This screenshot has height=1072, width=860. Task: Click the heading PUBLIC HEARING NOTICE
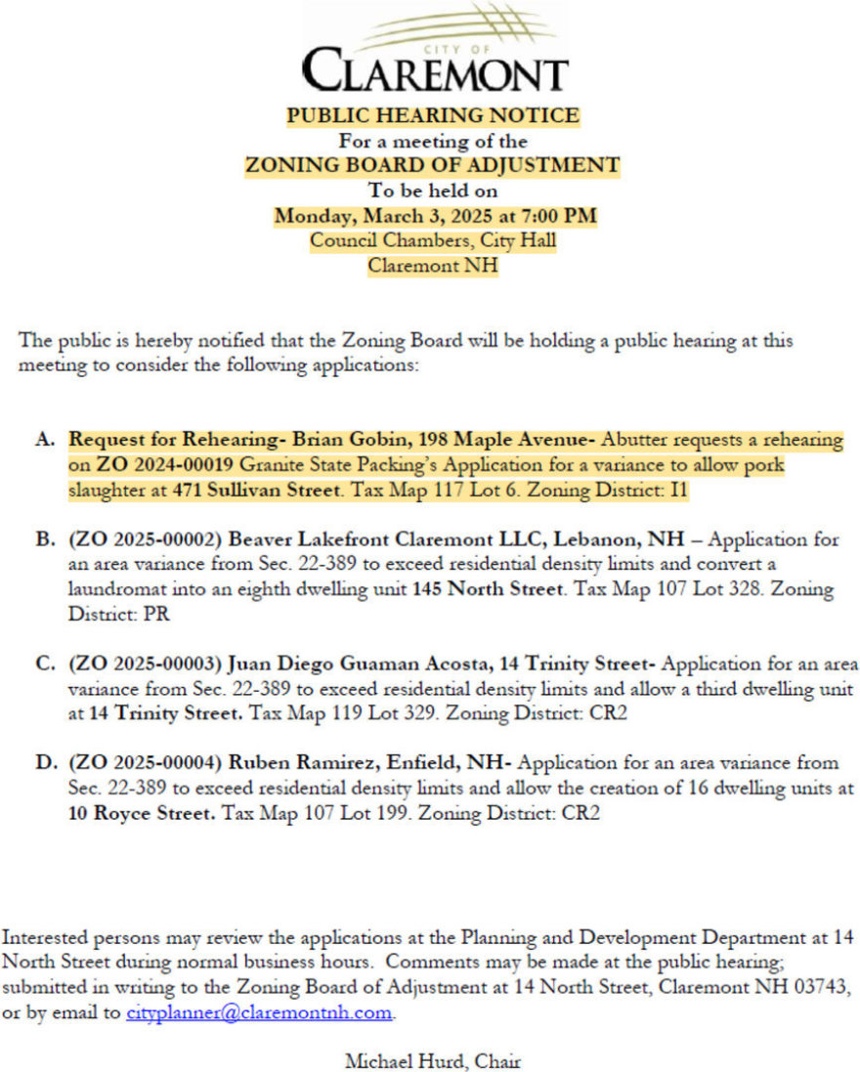tap(433, 115)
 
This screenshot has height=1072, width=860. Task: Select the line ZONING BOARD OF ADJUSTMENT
tap(432, 165)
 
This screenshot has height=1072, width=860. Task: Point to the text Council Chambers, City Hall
tap(433, 239)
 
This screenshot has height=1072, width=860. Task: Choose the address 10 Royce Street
tap(143, 813)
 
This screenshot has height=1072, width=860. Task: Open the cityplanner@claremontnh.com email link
tap(259, 1013)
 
